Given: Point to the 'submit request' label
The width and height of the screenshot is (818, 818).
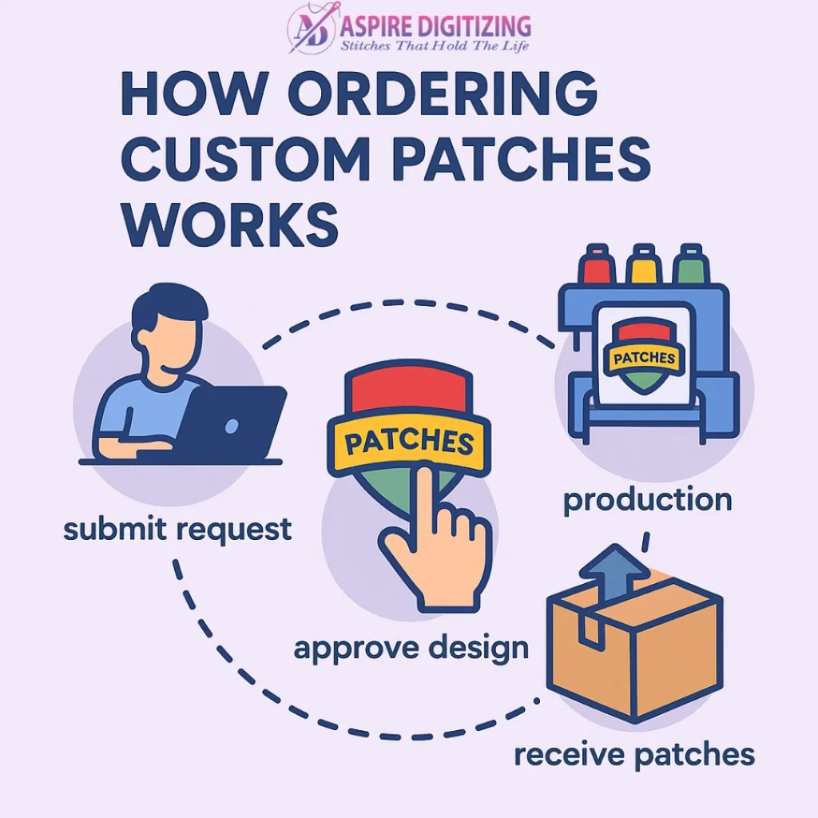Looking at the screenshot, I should pyautogui.click(x=178, y=529).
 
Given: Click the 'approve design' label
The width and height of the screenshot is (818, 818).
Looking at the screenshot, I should pyautogui.click(x=411, y=647).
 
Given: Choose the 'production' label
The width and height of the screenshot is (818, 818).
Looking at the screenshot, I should pyautogui.click(x=647, y=501).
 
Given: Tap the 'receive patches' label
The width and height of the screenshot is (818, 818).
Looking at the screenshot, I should pyautogui.click(x=633, y=753).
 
